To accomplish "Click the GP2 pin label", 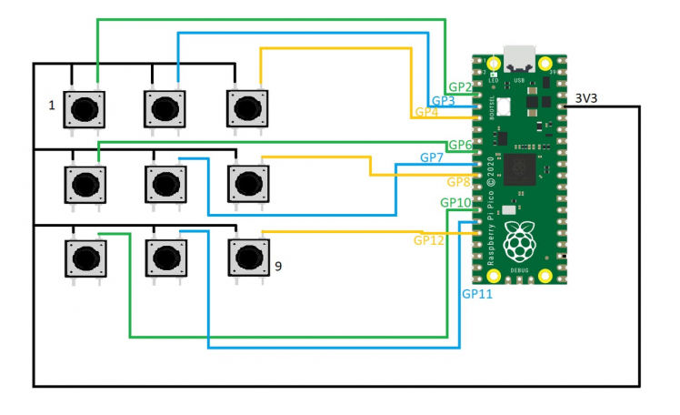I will (460, 87).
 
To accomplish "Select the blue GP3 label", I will (443, 100).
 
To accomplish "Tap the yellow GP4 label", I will (426, 113).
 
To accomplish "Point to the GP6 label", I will (460, 146).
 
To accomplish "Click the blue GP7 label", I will (432, 158).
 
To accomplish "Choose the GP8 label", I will (458, 181).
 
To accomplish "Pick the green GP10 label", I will (455, 202).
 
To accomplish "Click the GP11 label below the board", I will (477, 295).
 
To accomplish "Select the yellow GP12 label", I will (429, 240).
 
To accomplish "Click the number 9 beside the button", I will (278, 268).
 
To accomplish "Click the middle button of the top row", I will (165, 109).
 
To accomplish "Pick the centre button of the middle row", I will (165, 185).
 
